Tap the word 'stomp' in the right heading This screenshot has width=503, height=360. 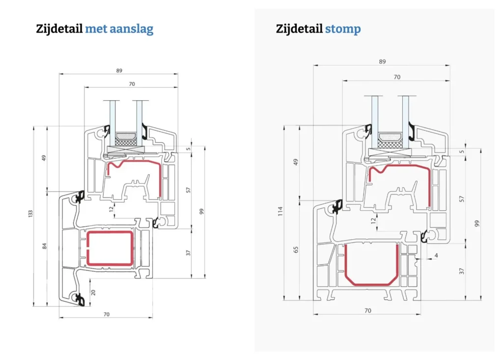point(343,29)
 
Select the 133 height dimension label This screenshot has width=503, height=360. point(30,214)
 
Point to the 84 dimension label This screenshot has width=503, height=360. point(44,246)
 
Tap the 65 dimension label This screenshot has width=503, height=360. point(296,249)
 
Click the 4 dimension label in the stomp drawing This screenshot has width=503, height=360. point(436,256)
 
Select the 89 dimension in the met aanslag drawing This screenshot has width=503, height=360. point(119,71)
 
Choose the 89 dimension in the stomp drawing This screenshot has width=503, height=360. point(382,61)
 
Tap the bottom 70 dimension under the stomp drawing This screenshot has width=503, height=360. point(367,310)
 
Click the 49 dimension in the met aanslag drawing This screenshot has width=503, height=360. point(44,158)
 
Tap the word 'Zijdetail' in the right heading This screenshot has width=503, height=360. point(299,29)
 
